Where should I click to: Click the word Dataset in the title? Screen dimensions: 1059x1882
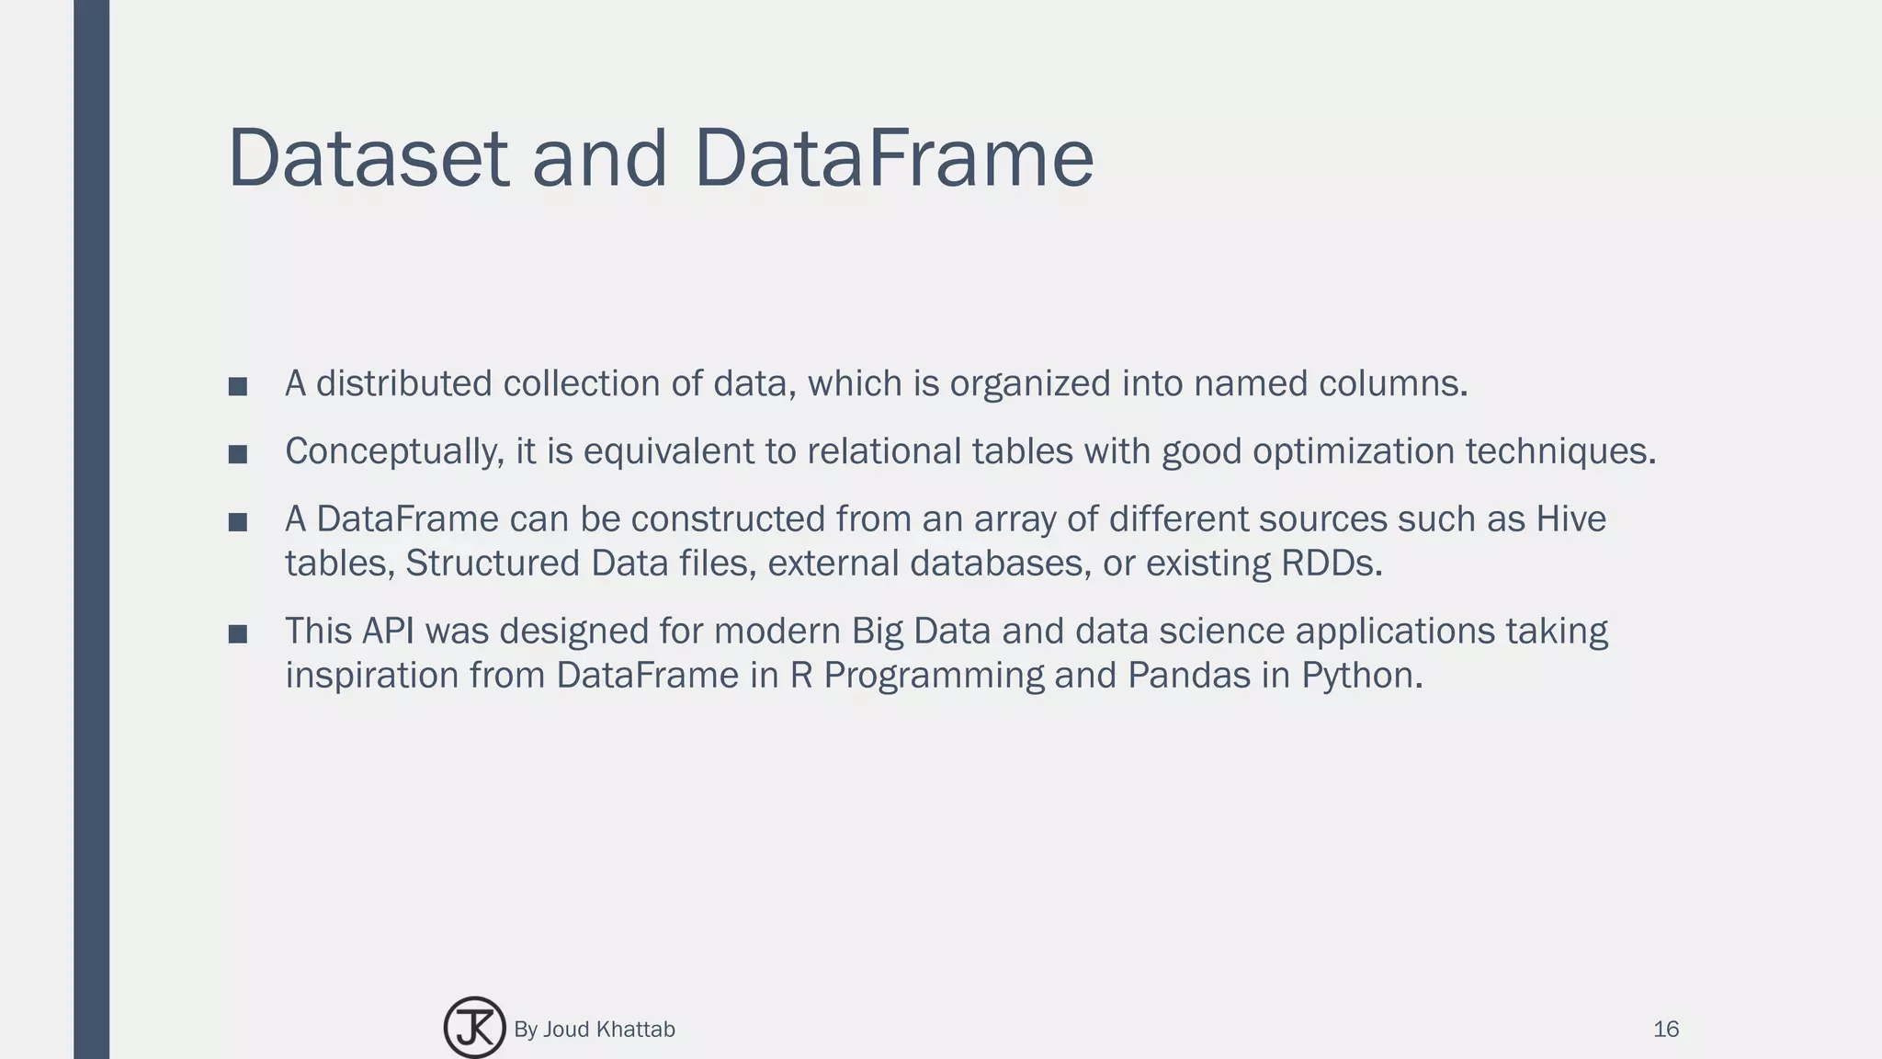368,158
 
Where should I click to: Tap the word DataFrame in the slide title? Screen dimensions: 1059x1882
893,158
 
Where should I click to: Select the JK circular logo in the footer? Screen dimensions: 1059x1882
474,1028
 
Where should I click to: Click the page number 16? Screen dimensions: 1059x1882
1665,1030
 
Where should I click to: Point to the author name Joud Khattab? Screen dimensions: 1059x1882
608,1030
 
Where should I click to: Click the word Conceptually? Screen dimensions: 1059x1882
394,452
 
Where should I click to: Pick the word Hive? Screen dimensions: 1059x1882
1570,519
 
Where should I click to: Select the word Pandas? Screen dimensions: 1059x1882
1188,676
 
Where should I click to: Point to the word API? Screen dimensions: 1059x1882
388,632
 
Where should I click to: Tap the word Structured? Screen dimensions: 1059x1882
492,564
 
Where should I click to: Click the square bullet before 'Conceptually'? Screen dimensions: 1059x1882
238,453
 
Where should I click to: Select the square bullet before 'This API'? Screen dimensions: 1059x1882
238,633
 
